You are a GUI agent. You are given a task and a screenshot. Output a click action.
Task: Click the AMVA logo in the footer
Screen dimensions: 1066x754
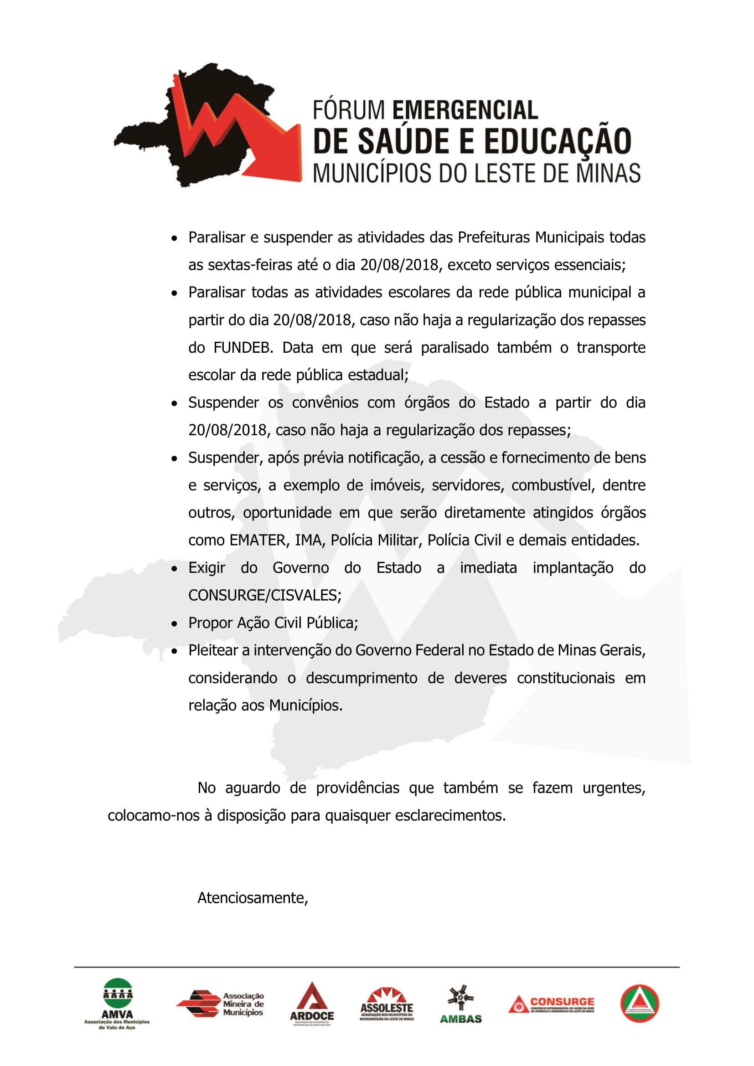point(117,1003)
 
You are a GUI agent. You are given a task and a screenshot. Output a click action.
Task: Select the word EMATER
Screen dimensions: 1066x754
point(258,541)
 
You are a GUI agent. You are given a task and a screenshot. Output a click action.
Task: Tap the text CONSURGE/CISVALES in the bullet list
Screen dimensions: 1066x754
point(265,595)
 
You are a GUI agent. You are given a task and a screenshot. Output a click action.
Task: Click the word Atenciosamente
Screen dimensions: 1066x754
point(253,898)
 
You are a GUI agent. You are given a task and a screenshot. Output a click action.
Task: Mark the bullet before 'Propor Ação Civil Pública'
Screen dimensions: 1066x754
point(174,623)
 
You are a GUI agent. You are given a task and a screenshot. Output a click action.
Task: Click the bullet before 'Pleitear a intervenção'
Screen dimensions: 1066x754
point(174,651)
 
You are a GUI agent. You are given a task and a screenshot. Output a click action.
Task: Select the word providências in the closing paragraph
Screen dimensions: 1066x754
point(357,788)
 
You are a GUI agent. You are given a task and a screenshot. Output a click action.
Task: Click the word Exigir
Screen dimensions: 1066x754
point(207,568)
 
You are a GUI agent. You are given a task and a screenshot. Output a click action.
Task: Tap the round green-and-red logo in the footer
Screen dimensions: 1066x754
point(639,1003)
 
